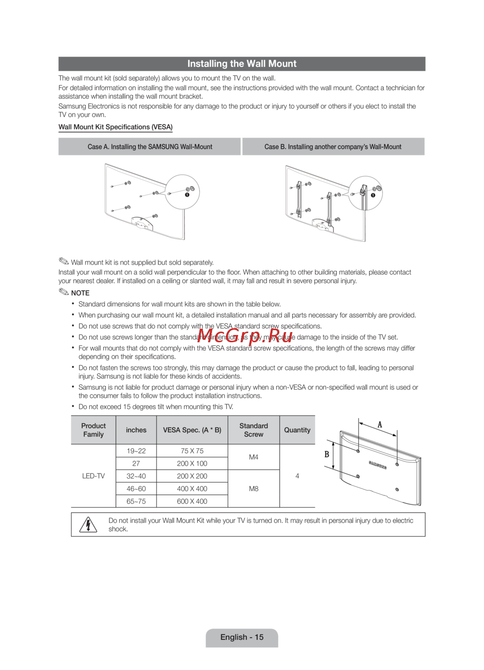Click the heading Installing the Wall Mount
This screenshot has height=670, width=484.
coord(242,64)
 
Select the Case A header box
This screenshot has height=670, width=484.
coord(150,147)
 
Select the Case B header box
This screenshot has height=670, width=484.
coord(333,147)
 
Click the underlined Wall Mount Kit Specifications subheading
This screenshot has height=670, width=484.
coord(116,127)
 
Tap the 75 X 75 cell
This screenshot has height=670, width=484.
coord(192,451)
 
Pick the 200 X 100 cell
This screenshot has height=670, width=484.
coord(192,463)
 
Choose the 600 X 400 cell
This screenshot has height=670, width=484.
coord(192,502)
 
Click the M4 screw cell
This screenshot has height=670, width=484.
coord(254,457)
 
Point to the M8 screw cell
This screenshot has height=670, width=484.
coord(254,489)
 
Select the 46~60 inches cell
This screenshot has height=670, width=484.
coord(136,489)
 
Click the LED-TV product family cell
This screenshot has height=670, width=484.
coord(93,476)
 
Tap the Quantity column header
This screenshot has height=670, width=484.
coord(297,430)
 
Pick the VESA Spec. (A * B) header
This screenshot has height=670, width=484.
coord(192,430)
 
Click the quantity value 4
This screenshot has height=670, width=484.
coord(297,476)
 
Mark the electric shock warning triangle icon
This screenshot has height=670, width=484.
coord(88,524)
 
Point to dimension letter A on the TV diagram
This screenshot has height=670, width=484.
coord(380,425)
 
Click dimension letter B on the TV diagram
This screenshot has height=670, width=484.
coord(327,454)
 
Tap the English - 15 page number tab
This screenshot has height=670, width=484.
coord(242,638)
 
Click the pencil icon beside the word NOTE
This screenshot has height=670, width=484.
coord(64,292)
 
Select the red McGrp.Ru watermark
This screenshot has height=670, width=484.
coord(245,335)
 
